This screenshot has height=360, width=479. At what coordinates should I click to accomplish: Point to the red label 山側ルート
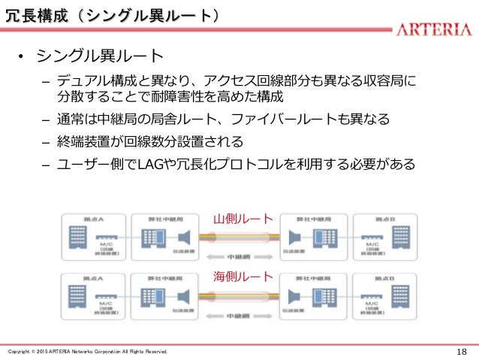click(243, 219)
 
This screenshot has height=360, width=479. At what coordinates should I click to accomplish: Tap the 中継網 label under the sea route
click(240, 316)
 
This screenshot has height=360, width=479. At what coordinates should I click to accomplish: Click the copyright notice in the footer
click(87, 352)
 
